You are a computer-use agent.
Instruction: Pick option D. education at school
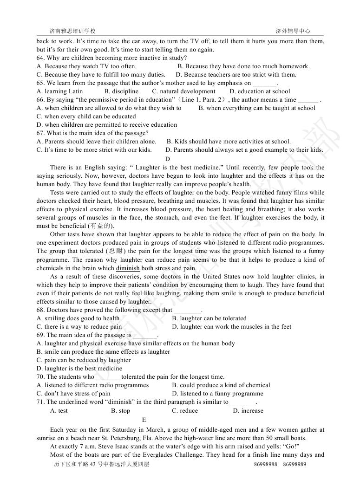(x=260, y=91)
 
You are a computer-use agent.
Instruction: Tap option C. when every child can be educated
(x=86, y=117)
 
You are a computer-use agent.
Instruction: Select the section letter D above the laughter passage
(x=168, y=159)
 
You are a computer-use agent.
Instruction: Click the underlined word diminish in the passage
(x=128, y=268)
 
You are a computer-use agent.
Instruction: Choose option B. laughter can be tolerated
(x=209, y=318)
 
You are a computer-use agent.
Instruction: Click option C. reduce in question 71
(x=184, y=411)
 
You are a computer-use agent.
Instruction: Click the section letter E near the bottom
(x=144, y=420)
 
